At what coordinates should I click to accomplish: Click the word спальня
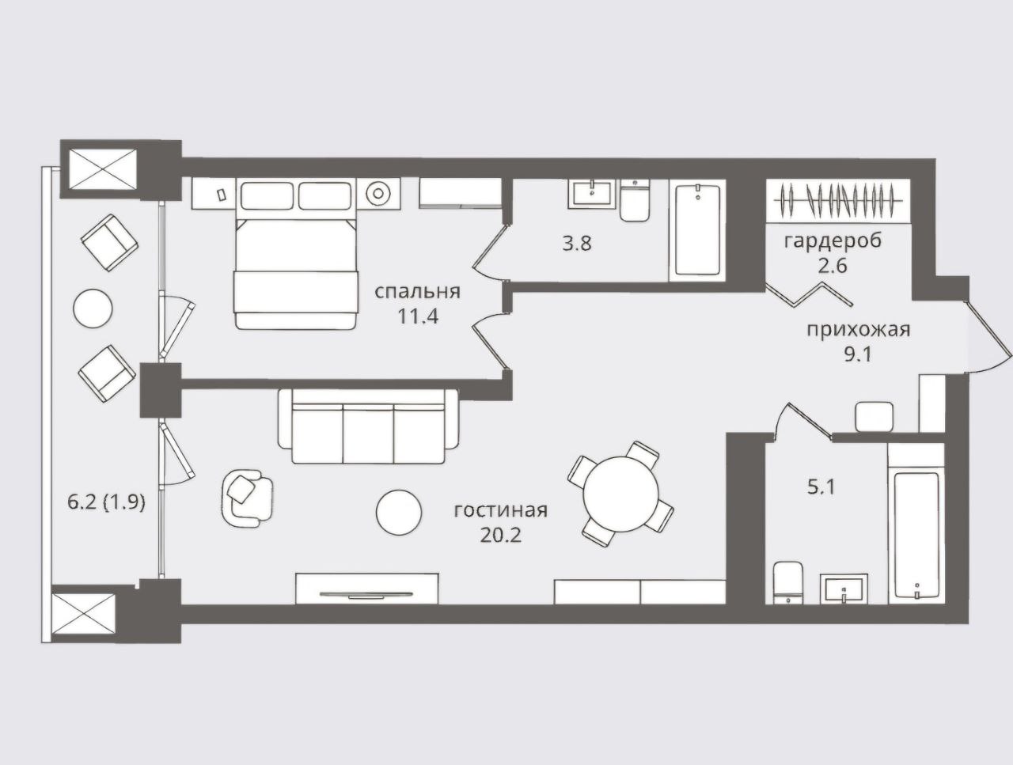coord(417,293)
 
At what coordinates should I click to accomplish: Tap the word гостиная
coord(501,510)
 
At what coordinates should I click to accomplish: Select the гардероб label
coord(833,241)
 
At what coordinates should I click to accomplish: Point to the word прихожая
coord(859,330)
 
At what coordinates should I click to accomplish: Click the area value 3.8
coord(577,243)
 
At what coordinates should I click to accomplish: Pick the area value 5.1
coord(821,487)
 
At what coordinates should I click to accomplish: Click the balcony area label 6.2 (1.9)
coord(107,502)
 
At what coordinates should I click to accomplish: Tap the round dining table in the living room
coord(620,494)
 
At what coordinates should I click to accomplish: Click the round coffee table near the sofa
coord(399,513)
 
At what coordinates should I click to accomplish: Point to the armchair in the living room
coord(246,498)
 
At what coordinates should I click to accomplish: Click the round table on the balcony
coord(93,309)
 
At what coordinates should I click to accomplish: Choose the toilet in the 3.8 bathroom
coord(635,201)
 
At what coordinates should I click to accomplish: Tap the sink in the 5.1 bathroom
coord(844,589)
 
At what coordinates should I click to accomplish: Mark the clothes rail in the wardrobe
coord(838,200)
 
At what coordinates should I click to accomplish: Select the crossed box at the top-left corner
coord(102,169)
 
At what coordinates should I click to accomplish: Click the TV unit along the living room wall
coord(367,589)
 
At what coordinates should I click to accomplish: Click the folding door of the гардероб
coord(809,294)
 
